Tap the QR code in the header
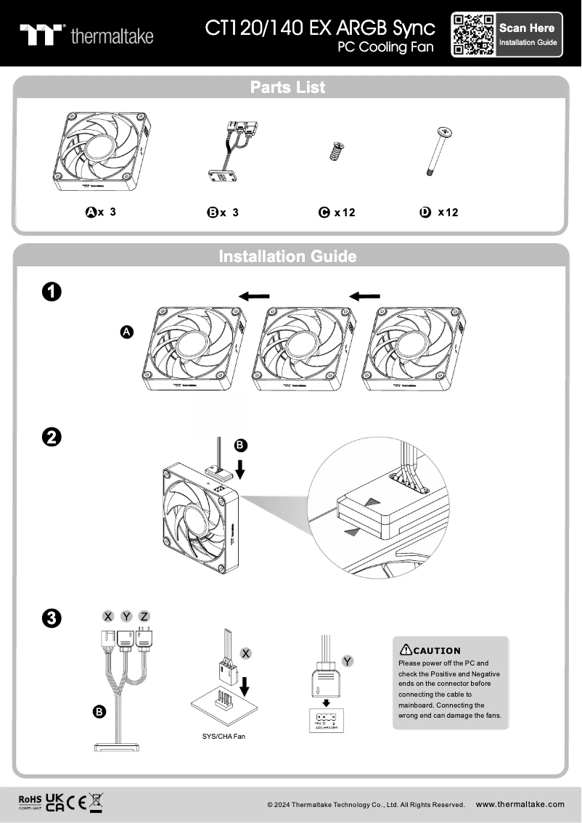473,35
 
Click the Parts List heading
288,87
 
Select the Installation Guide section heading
288,256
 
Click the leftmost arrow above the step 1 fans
255,295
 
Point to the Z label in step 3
144,616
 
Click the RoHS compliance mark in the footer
30,801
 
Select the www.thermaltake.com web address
520,804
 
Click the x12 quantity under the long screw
448,213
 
